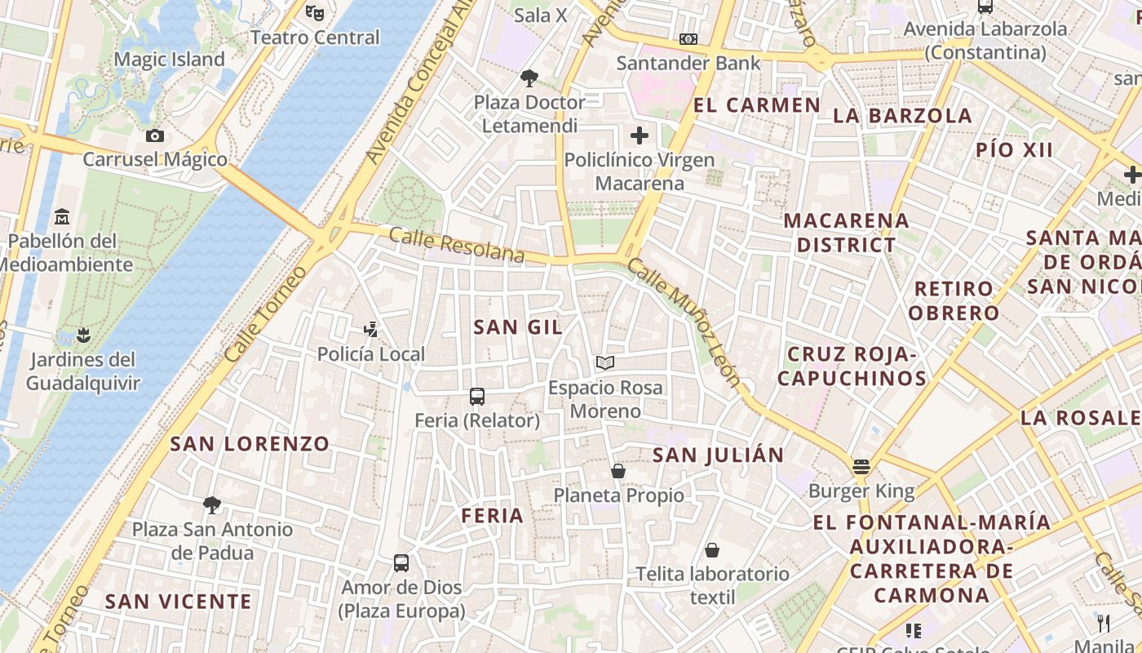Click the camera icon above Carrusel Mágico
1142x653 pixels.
pos(155,135)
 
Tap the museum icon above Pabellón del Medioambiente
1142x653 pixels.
pos(62,217)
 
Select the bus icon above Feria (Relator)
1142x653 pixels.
pos(477,397)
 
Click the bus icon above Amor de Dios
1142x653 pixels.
pos(401,563)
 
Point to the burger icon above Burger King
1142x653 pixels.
pos(861,467)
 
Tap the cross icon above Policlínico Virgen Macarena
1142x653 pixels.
pos(640,135)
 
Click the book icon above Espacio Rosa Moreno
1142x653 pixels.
pos(604,362)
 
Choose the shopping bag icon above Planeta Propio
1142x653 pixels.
pos(618,471)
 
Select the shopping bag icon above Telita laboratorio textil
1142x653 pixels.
pos(712,550)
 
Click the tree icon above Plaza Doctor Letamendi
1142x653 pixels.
pos(529,78)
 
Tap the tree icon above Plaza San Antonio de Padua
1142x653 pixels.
pos(212,505)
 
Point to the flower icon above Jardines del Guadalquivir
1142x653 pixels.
pos(82,335)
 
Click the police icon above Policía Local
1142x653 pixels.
pos(371,329)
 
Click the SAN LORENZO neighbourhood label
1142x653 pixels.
pos(250,444)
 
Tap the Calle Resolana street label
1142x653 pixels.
pos(457,245)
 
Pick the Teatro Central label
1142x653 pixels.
pos(315,38)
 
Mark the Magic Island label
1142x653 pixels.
pos(169,60)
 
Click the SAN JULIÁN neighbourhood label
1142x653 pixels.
pos(718,455)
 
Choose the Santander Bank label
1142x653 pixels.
pos(688,63)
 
